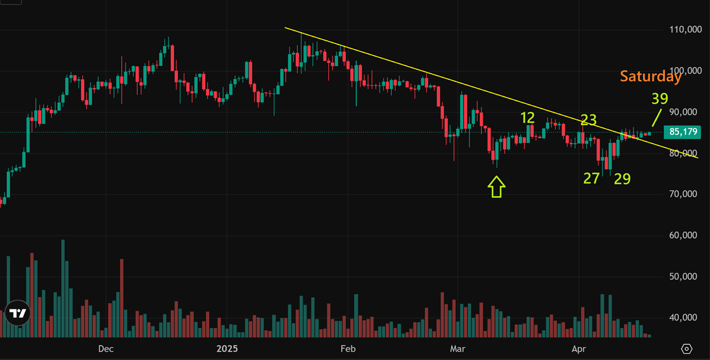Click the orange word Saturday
point(651,76)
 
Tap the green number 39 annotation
point(659,99)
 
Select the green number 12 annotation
point(527,118)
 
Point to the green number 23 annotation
point(588,120)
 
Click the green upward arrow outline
point(497,188)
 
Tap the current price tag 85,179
point(682,132)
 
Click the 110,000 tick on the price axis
point(685,29)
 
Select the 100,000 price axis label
point(685,70)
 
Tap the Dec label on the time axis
point(106,349)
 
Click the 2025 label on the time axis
point(227,349)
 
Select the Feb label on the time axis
point(348,349)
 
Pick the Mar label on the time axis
point(457,349)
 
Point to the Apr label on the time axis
point(579,349)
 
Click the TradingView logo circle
point(18,314)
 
